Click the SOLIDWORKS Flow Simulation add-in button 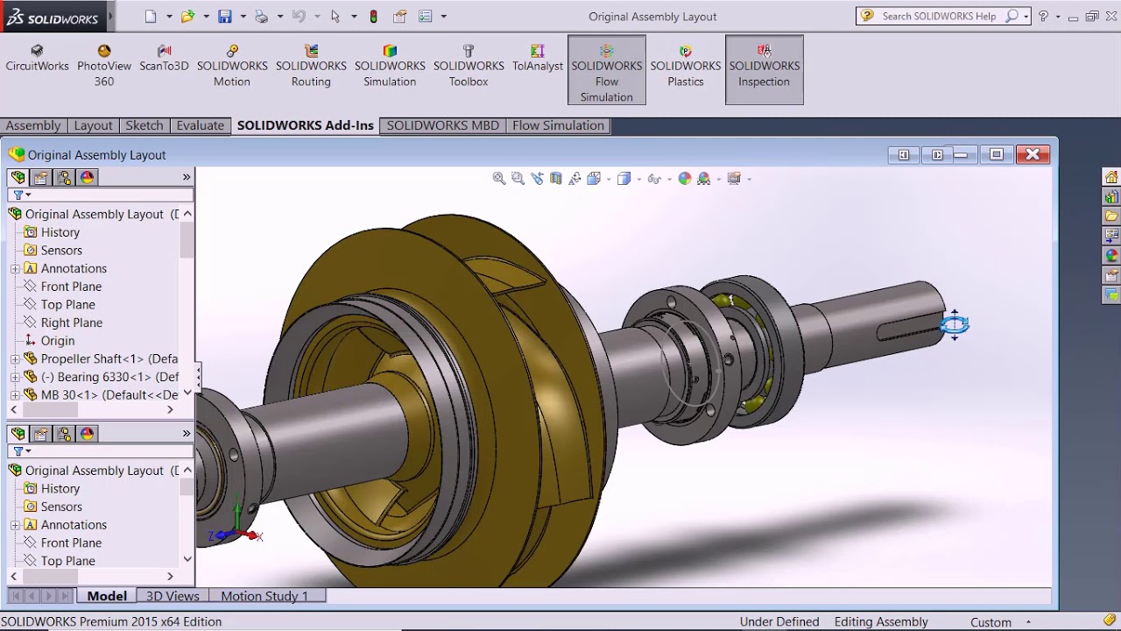606,70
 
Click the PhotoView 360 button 104,67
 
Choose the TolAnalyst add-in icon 537,59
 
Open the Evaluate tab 200,125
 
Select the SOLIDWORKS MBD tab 442,125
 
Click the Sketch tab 144,125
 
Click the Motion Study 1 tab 264,596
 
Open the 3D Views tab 173,596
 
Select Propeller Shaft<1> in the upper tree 109,358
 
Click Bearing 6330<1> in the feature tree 109,377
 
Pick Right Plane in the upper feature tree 71,323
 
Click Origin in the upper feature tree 57,341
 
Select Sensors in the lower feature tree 61,507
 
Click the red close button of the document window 1033,154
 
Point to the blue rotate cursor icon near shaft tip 954,325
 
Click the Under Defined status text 779,621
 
